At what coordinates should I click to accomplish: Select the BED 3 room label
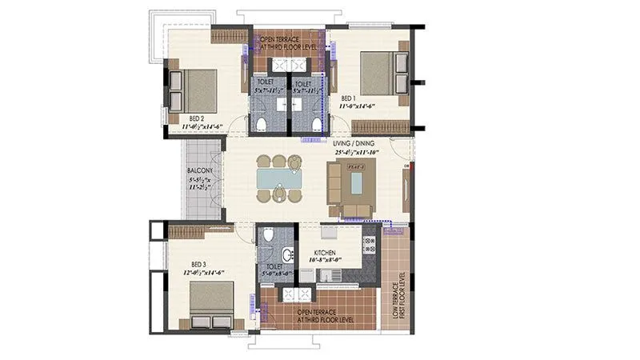coord(199,265)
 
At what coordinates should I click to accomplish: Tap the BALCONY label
coord(198,171)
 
